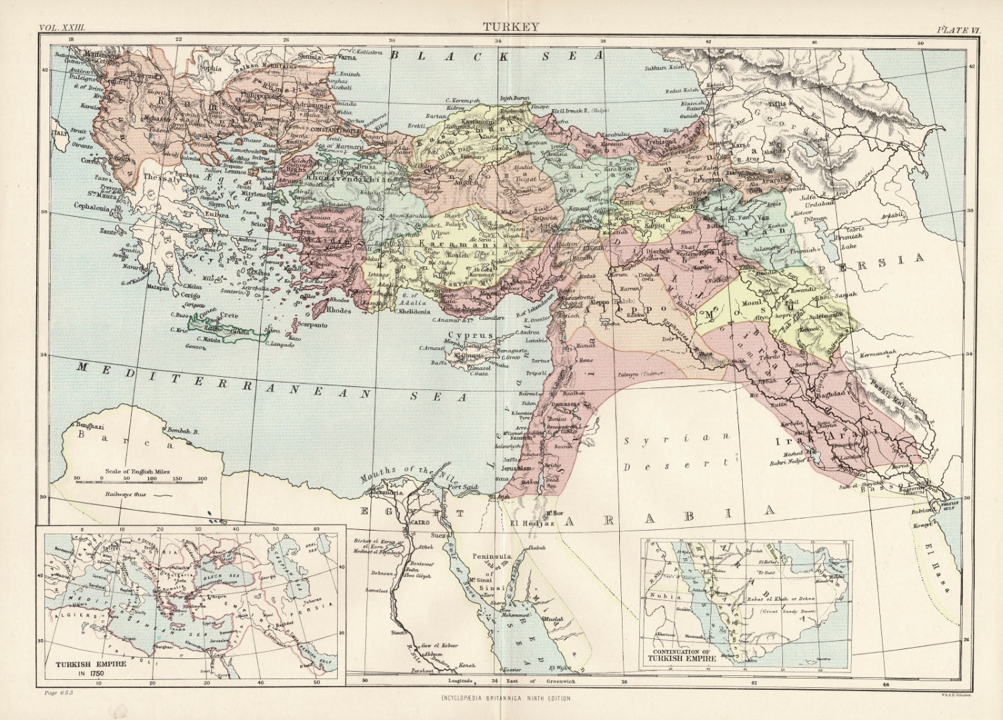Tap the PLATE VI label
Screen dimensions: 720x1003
(957, 10)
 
